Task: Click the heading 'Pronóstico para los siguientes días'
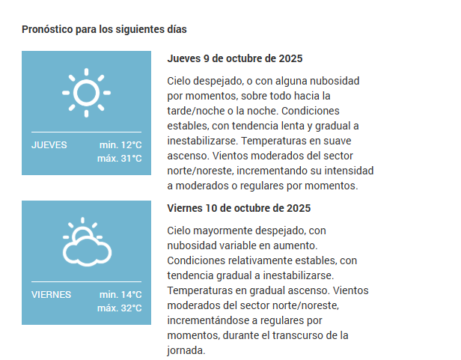(x=104, y=30)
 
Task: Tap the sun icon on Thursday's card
(x=86, y=93)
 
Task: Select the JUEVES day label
(x=49, y=144)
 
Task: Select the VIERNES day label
(x=52, y=294)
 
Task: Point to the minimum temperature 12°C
(x=120, y=144)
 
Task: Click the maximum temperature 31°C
(x=119, y=159)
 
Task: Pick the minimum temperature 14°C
(x=120, y=294)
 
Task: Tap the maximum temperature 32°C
(x=119, y=308)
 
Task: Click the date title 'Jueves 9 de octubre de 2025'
(x=235, y=58)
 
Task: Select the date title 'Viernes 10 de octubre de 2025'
(x=239, y=208)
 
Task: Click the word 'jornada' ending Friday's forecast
(x=184, y=350)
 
